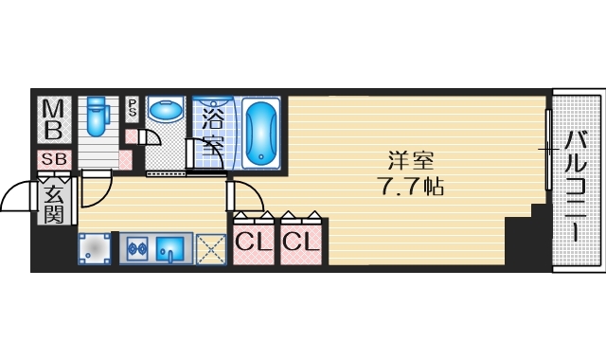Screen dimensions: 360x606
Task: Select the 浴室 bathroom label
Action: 212,133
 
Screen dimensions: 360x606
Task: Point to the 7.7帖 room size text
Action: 406,186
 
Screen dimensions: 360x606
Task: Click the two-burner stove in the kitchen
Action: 134,250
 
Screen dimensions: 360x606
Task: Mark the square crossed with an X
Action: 211,249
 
